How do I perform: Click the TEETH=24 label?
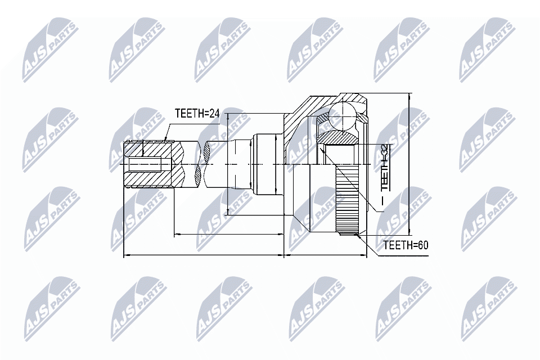196,113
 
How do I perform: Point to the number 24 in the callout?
212,113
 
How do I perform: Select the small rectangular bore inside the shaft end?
149,165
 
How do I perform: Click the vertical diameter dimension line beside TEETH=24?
227,163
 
